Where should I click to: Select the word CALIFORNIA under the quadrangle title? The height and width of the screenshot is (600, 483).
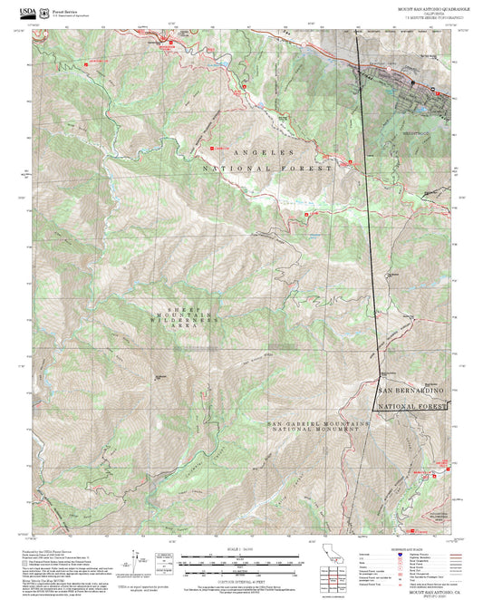429,14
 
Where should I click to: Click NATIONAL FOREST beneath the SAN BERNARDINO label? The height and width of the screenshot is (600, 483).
412,407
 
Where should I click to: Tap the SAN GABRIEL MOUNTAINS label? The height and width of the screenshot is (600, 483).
318,423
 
